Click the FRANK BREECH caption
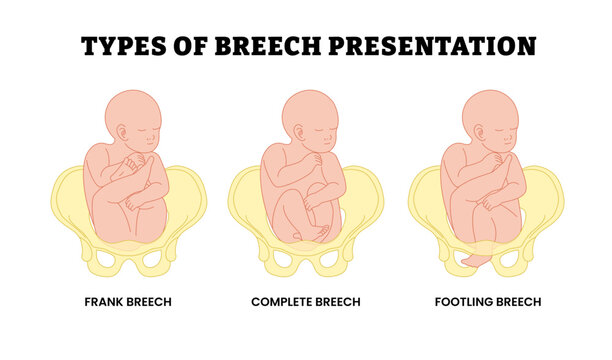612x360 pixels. point(129,301)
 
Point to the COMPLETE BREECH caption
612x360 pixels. point(306,301)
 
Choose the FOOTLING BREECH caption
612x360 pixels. point(487,301)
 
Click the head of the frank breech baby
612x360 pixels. point(130,119)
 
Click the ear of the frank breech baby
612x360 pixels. point(122,133)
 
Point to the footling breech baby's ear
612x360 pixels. point(481,133)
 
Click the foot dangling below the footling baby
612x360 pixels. point(477,259)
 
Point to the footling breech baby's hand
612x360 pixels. point(491,160)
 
